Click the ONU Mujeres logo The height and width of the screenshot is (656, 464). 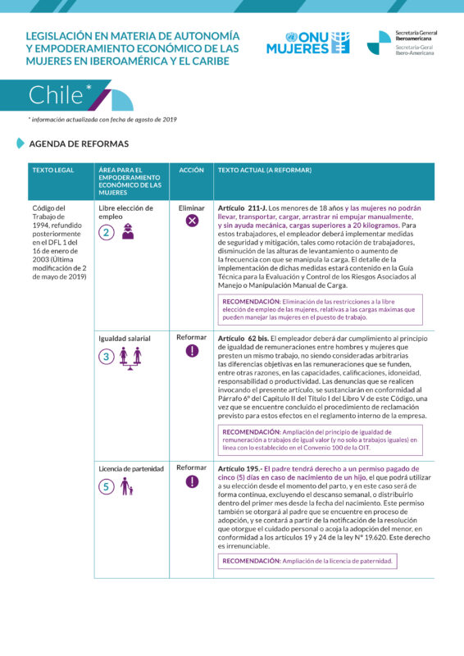click(x=307, y=43)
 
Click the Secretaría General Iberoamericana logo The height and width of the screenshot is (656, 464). click(x=402, y=43)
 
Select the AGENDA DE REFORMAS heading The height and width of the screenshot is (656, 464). click(x=79, y=143)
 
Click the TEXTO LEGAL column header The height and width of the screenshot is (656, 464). click(x=52, y=170)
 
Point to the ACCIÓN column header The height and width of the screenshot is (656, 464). click(x=192, y=170)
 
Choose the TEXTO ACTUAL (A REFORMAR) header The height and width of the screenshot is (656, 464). click(x=265, y=170)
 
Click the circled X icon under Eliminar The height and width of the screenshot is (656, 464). click(x=192, y=220)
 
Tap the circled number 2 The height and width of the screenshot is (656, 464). click(x=107, y=232)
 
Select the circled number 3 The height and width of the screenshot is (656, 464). click(x=107, y=356)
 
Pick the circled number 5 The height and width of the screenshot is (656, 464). click(x=107, y=486)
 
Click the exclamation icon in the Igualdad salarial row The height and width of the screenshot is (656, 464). click(x=192, y=350)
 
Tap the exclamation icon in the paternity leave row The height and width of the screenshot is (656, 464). click(x=192, y=481)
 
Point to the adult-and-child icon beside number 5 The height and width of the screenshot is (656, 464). click(x=126, y=486)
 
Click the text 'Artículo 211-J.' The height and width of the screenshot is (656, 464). click(x=242, y=208)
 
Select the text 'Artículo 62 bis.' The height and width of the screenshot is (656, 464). click(x=243, y=338)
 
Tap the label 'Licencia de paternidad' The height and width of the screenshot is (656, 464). click(x=132, y=468)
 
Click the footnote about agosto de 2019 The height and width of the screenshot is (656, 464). click(x=102, y=120)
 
